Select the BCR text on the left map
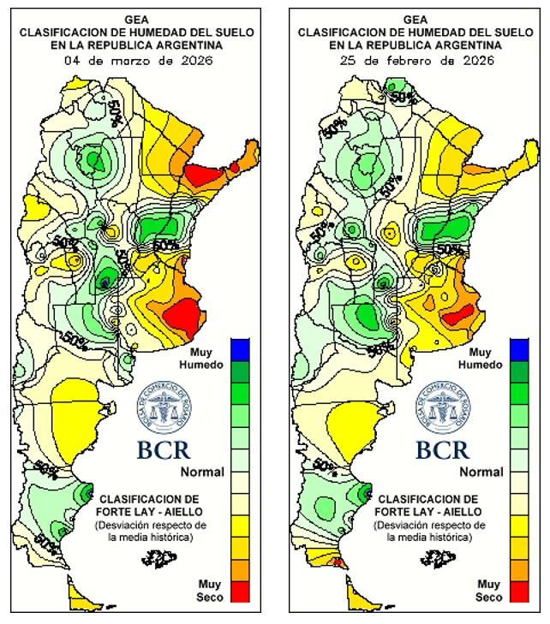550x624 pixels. (163, 449)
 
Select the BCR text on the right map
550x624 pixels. (442, 449)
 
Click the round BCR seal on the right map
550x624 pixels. (444, 406)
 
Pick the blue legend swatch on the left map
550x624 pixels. (241, 348)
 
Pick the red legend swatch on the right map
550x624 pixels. (519, 591)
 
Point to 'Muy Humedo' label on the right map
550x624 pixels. (481, 359)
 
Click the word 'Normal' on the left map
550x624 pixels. (202, 472)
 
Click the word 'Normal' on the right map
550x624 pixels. (481, 472)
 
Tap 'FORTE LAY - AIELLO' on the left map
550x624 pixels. (151, 511)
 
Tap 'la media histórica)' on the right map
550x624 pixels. (429, 537)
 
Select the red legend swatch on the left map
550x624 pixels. (241, 591)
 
